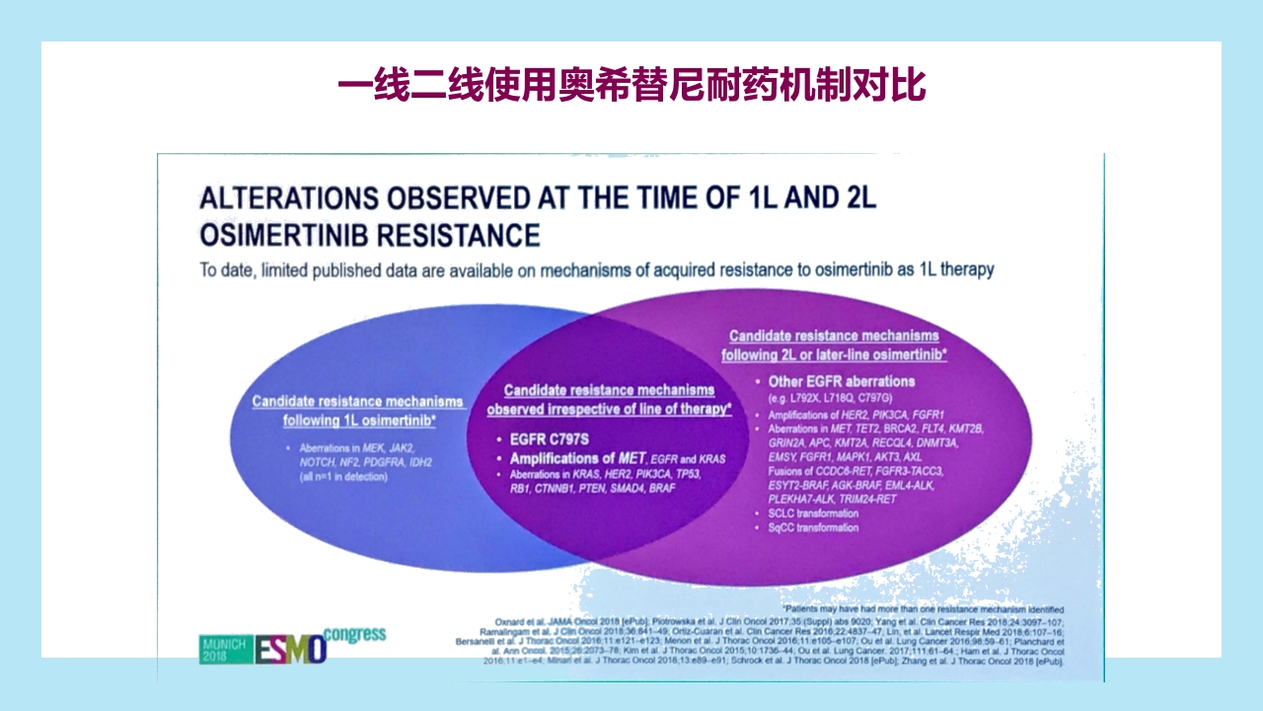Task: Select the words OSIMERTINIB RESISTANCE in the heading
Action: pos(370,235)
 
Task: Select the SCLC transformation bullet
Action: pos(813,513)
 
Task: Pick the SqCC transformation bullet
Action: pos(813,528)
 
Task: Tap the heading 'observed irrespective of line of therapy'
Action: pos(609,409)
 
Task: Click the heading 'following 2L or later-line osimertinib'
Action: pos(834,355)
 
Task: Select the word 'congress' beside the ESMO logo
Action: pos(354,635)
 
